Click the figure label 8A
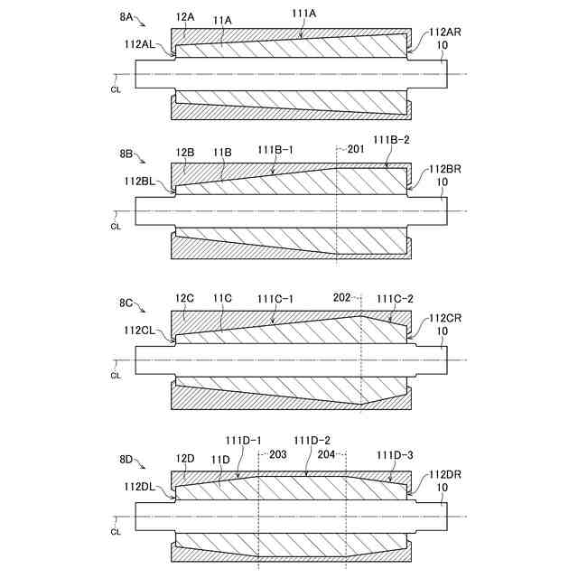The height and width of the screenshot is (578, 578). coord(126,15)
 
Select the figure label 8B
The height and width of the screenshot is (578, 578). coord(126,155)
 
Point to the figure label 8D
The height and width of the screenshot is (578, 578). coord(126,460)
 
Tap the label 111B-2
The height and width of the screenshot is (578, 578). coord(393,140)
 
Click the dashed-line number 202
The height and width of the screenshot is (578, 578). coord(341,296)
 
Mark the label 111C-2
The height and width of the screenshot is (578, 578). coord(395,298)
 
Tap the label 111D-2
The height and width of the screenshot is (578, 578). coord(314,440)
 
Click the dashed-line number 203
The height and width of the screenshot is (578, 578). coord(278,455)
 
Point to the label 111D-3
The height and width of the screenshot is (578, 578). coord(395,455)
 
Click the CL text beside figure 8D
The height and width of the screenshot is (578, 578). coord(116,532)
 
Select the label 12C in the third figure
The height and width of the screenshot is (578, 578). coord(185,297)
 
